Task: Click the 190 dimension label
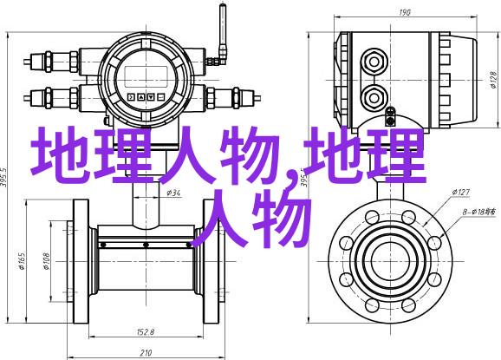[x=404, y=12]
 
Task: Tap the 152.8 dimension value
[x=146, y=332]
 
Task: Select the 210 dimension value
[x=146, y=353]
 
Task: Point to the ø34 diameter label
[x=173, y=193]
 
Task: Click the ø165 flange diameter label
[x=22, y=261]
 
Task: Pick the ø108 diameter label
[x=46, y=261]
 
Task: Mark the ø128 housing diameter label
[x=493, y=80]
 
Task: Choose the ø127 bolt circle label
[x=460, y=193]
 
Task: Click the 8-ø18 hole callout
[x=479, y=212]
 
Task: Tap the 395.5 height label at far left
[x=3, y=180]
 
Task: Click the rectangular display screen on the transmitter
[x=146, y=76]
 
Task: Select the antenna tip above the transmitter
[x=223, y=5]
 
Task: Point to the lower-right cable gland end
[x=257, y=96]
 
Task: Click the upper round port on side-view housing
[x=374, y=62]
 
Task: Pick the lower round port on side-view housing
[x=374, y=97]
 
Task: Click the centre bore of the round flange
[x=390, y=261]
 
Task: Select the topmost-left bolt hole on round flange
[x=372, y=217]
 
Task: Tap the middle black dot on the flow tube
[x=146, y=245]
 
